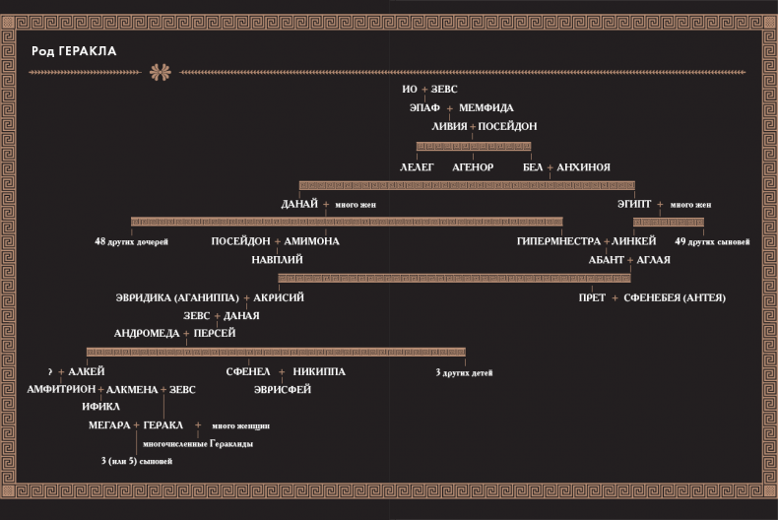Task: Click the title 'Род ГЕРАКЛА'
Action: [x=74, y=51]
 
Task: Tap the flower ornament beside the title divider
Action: [x=161, y=72]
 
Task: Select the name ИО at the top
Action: [x=410, y=90]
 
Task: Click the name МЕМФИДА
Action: [x=486, y=107]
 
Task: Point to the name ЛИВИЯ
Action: [x=449, y=126]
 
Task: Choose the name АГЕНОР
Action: [x=473, y=167]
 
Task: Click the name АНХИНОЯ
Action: [x=583, y=167]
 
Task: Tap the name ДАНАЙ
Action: [x=299, y=204]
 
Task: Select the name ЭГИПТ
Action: [x=634, y=204]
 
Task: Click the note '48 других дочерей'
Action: [x=132, y=241]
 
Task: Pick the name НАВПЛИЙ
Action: [x=277, y=259]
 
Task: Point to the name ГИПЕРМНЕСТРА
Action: [x=558, y=241]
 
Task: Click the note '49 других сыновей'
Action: [x=712, y=241]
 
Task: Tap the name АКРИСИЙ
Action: [x=279, y=297]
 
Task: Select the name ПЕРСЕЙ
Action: [x=215, y=333]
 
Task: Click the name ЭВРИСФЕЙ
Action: [x=283, y=389]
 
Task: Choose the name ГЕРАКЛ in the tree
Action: [x=162, y=425]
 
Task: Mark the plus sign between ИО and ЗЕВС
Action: [x=424, y=90]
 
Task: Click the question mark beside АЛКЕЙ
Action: [x=50, y=371]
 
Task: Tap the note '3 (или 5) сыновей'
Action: [x=137, y=462]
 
